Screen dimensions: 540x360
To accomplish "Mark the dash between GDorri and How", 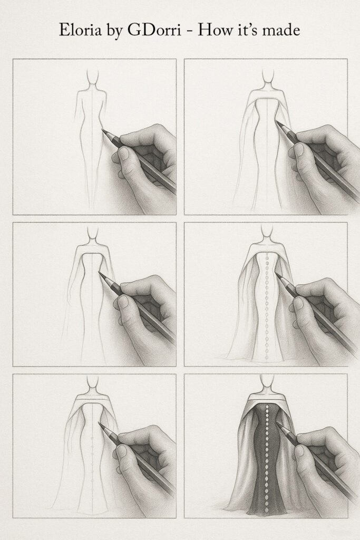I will coord(178,32).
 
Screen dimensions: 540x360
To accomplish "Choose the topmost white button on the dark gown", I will coord(267,409).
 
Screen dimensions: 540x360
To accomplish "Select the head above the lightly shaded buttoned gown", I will coord(267,232).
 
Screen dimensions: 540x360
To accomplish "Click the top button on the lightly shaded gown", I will coord(267,257).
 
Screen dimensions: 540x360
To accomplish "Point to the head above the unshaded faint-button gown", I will coord(94,383).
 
